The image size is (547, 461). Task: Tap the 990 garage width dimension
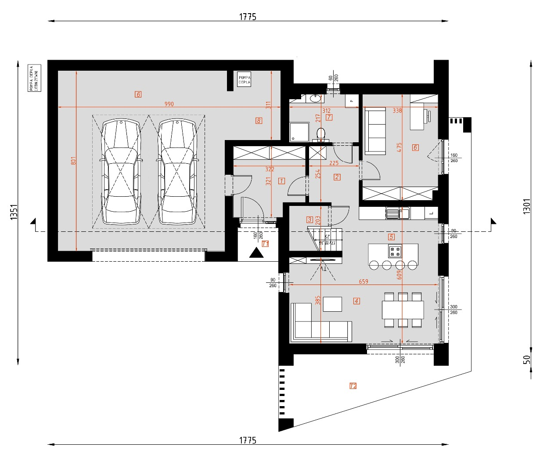pyautogui.click(x=169, y=104)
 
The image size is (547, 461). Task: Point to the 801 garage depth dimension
pyautogui.click(x=73, y=161)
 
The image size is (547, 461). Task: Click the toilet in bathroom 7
pyautogui.click(x=321, y=133)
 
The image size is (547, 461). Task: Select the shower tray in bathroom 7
pyautogui.click(x=298, y=132)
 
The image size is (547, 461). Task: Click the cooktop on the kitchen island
pyautogui.click(x=394, y=251)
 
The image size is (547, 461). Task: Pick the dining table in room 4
pyautogui.click(x=403, y=310)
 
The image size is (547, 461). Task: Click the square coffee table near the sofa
pyautogui.click(x=332, y=304)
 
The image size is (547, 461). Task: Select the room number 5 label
pyautogui.click(x=391, y=237)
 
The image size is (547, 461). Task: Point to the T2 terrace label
pyautogui.click(x=353, y=386)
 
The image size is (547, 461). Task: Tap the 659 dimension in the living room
pyautogui.click(x=363, y=281)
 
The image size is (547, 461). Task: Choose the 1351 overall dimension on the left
pyautogui.click(x=14, y=212)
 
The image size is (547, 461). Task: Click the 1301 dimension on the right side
pyautogui.click(x=527, y=206)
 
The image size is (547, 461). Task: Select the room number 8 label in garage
pyautogui.click(x=259, y=120)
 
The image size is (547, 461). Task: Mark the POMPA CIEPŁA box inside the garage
pyautogui.click(x=244, y=79)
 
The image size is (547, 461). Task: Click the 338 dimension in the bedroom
pyautogui.click(x=397, y=111)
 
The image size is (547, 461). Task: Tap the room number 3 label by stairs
pyautogui.click(x=309, y=220)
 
